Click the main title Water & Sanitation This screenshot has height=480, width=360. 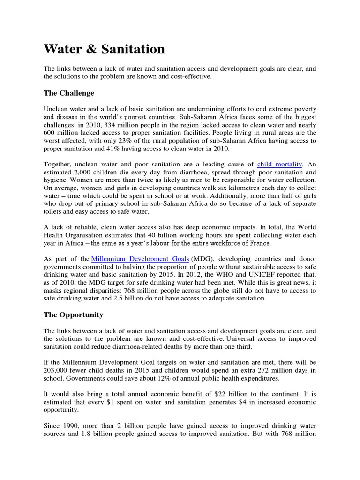click(104, 49)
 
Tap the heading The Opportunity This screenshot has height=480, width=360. click(73, 315)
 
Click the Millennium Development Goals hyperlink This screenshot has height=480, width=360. click(140, 259)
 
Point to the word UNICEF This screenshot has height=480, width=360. click(254, 274)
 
